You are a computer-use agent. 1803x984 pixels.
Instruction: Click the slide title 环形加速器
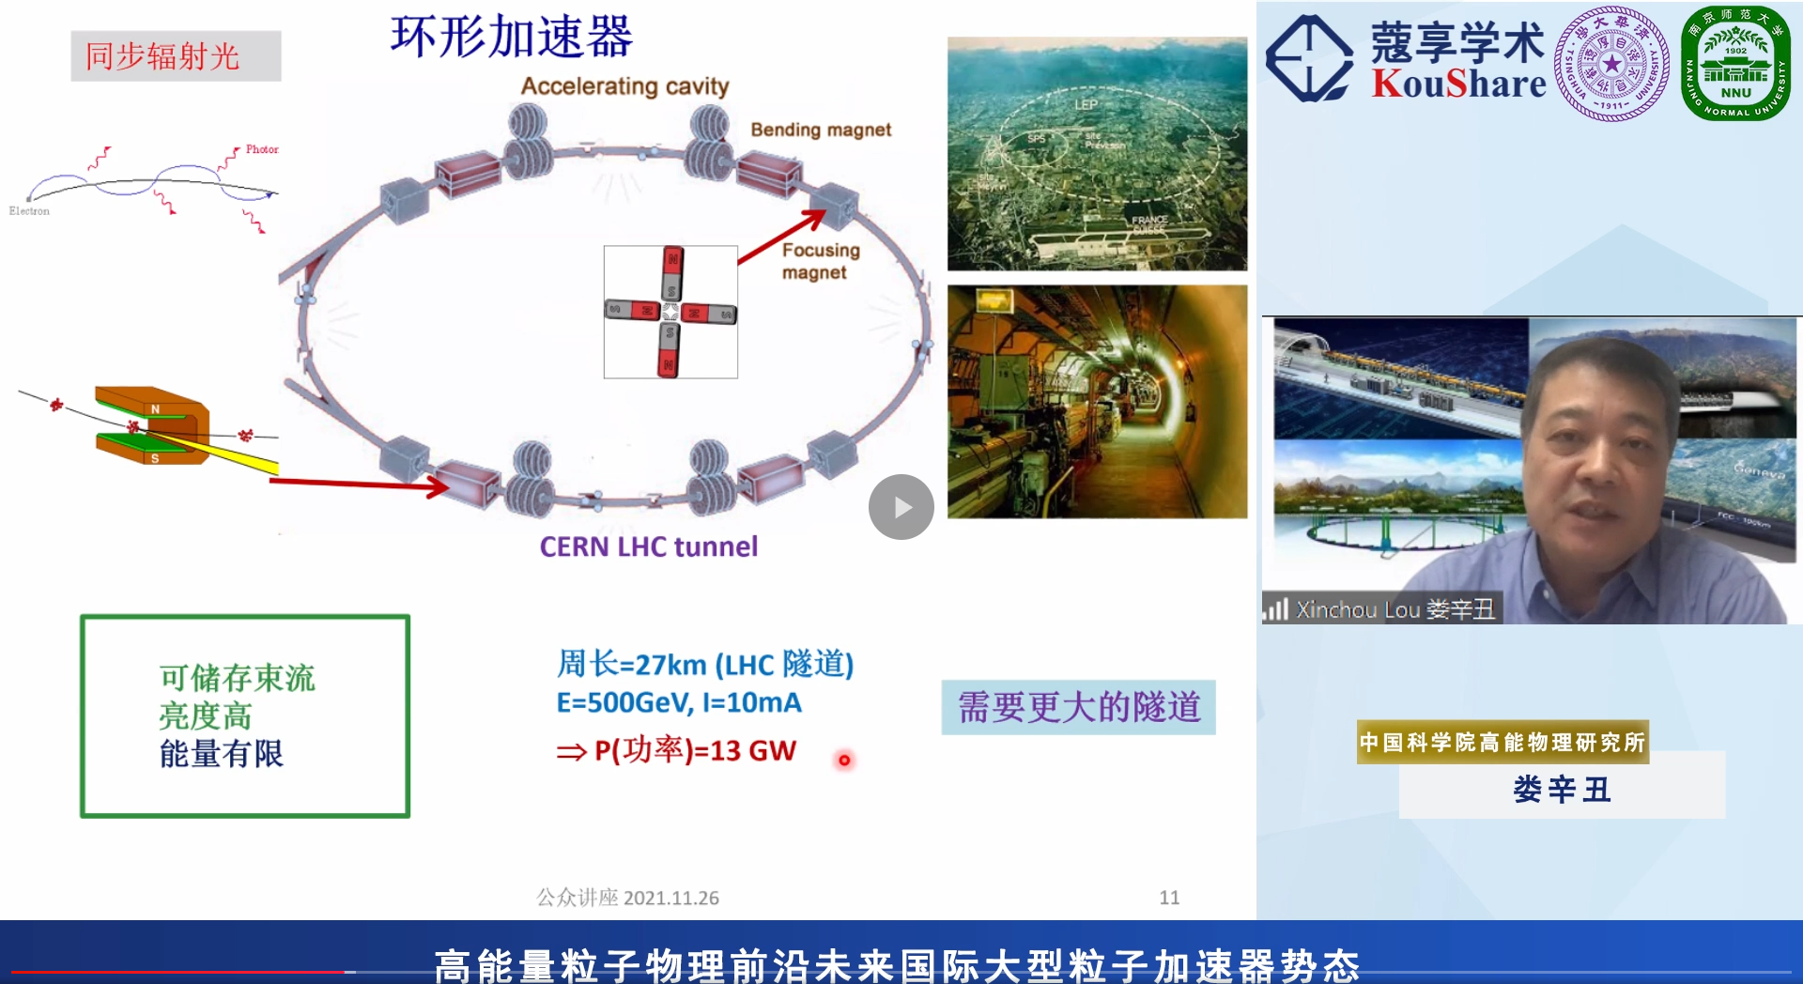pos(512,38)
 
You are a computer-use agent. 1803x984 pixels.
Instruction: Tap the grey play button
pos(901,507)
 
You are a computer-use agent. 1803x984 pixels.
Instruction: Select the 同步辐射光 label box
pos(176,56)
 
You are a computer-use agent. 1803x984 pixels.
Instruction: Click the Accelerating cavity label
pos(624,86)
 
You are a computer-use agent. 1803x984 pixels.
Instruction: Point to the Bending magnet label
pos(820,130)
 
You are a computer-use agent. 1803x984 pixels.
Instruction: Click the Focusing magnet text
pos(820,261)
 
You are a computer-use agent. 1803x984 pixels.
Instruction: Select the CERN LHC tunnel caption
pos(648,546)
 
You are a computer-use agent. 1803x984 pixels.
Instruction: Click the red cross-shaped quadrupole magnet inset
pos(670,312)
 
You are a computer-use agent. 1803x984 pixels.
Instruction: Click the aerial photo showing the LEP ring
pos(1097,154)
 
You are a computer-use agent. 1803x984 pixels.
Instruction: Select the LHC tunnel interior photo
pos(1097,402)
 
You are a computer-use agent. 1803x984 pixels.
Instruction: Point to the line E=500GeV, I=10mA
pos(679,702)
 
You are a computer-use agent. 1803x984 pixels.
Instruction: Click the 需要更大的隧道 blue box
pos(1078,707)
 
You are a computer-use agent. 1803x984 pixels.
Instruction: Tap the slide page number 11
pos(1169,898)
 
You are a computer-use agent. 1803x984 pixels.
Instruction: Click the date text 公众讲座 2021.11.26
pos(627,898)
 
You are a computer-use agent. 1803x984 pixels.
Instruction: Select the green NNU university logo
pos(1735,63)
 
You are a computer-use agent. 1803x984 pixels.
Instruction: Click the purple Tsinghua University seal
pos(1611,63)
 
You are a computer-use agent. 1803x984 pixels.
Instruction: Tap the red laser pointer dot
pos(844,761)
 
